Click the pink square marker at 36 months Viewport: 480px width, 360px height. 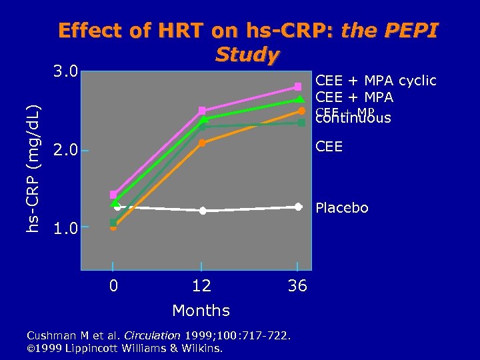point(298,87)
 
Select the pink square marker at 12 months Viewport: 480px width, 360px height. point(202,110)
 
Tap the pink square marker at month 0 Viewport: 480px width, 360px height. point(113,195)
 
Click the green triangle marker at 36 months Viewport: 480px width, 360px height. point(301,100)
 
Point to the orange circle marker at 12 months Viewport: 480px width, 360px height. point(202,143)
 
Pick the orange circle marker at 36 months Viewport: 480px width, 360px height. point(301,111)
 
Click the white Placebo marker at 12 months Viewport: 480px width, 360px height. point(202,211)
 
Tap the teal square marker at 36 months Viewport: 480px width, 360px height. point(301,123)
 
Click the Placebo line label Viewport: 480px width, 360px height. point(341,209)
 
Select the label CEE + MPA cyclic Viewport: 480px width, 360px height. point(375,81)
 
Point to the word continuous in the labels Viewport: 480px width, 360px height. point(353,119)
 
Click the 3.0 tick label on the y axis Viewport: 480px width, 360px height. point(65,71)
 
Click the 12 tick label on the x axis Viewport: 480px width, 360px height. point(201,286)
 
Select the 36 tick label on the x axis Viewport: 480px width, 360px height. point(297,286)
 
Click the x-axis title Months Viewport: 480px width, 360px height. point(201,311)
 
